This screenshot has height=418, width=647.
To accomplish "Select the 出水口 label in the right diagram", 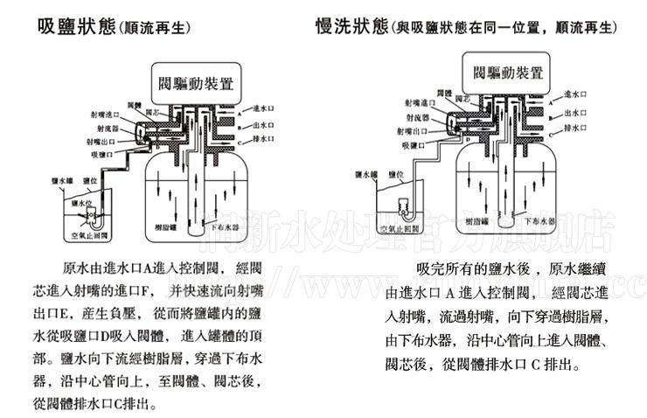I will pos(574,112).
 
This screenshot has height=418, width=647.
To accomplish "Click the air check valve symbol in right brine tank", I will pos(405,209).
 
